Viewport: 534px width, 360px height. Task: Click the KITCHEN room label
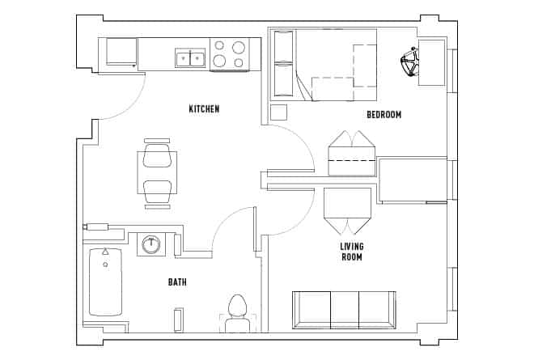pos(204,109)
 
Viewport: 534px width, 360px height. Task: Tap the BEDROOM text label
pos(384,115)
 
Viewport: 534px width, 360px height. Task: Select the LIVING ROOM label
pos(351,252)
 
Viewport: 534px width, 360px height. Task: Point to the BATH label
pos(178,282)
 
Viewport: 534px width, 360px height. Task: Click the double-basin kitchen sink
pos(191,58)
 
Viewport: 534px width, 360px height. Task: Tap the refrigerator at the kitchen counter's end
pos(122,53)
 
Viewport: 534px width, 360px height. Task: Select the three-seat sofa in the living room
pos(344,308)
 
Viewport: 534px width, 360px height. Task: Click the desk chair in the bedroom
pos(409,61)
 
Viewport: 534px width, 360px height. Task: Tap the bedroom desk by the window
pos(431,61)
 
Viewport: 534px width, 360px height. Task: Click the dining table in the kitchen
pos(157,173)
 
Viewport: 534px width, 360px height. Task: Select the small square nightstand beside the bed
pos(279,112)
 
